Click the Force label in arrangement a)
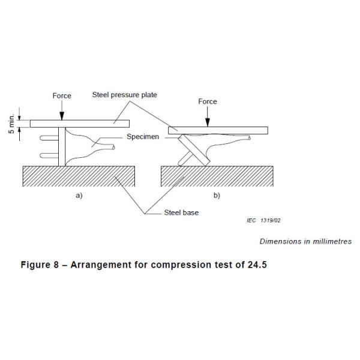[x=61, y=96]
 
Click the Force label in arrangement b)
[x=208, y=102]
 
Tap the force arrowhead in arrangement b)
[x=208, y=124]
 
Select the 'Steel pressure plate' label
[x=125, y=95]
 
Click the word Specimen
[x=143, y=137]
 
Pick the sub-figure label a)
[x=79, y=196]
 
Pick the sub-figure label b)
[x=217, y=196]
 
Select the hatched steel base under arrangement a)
[x=78, y=176]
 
